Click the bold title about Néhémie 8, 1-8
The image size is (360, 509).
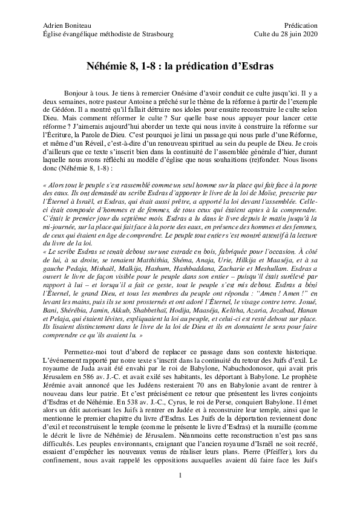point(180,63)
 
